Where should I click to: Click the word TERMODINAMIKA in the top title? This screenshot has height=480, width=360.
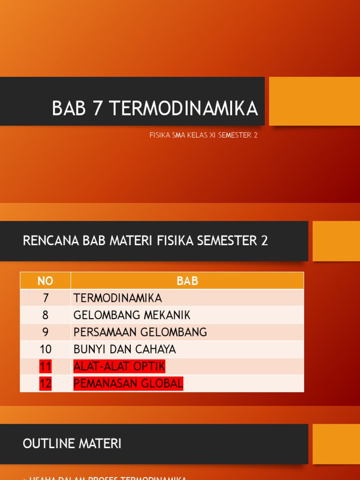pos(183,108)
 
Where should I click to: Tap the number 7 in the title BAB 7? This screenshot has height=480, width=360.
pos(97,108)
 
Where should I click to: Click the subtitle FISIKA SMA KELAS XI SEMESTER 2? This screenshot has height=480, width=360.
pos(203,135)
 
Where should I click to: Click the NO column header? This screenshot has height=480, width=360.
pos(45,281)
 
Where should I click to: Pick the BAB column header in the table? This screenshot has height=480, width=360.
pos(187,281)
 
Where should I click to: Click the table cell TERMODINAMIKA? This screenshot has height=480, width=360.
pos(118,298)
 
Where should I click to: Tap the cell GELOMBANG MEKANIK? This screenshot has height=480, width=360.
pos(132,315)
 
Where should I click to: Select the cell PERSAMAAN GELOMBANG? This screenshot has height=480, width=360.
pos(140,332)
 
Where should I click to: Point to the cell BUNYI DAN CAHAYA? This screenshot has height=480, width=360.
pos(125,349)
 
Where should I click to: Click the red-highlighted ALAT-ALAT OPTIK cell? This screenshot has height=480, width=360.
pos(119,367)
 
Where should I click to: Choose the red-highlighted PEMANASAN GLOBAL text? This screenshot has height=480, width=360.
pos(128,383)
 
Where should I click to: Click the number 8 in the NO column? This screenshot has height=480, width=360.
pos(45,315)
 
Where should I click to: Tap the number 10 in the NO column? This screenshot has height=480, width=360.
pos(45,349)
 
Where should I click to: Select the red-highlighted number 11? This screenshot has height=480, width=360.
pos(45,367)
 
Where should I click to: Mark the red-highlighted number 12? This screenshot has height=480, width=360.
pos(45,383)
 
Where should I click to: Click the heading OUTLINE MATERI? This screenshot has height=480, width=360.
pos(72,443)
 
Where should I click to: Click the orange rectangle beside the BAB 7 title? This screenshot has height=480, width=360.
pos(314,101)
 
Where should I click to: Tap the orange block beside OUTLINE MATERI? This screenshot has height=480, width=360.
pos(336,444)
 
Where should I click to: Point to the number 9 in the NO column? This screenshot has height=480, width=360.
pos(45,332)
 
